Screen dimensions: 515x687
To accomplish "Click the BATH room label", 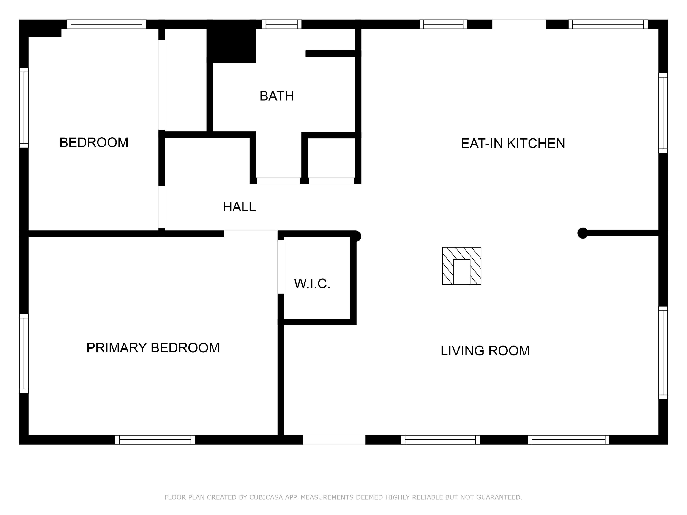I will click(276, 96).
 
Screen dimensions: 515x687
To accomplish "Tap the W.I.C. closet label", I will click(312, 284).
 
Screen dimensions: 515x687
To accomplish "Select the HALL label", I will click(239, 207).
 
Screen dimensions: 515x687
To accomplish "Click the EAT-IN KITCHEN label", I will click(513, 144).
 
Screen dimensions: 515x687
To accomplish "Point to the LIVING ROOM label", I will click(485, 351).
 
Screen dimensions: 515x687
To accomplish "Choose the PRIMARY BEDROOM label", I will click(153, 348).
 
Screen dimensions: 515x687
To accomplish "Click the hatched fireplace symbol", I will click(461, 266).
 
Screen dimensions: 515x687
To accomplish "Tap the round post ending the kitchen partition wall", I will click(582, 233).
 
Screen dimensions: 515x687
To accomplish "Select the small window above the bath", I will click(281, 24).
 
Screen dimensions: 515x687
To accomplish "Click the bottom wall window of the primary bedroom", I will click(155, 439).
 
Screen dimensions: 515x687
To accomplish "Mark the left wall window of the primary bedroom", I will click(24, 354).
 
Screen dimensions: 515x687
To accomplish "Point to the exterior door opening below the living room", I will click(334, 439).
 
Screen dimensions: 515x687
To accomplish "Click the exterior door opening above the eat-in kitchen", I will click(519, 24).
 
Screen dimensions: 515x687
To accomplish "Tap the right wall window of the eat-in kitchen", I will click(663, 113).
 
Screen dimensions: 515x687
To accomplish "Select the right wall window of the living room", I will click(663, 353).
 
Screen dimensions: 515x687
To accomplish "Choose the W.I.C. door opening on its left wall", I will click(281, 267).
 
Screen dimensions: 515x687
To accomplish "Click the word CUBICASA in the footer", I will click(266, 497).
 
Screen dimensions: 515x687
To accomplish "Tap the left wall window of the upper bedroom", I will click(24, 108).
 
